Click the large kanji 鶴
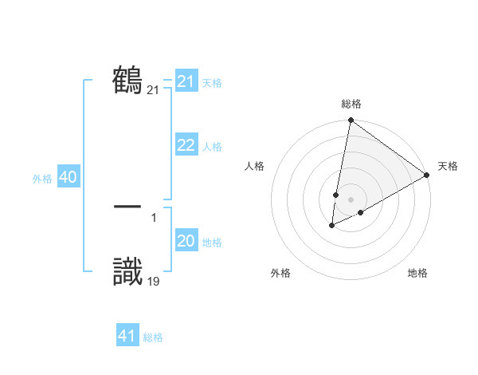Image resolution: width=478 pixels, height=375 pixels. (128, 80)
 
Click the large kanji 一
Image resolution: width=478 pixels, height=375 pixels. (128, 206)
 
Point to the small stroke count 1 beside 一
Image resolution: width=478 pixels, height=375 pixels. (154, 216)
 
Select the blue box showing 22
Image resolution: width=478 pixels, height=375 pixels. (186, 145)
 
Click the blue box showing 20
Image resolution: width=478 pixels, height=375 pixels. (186, 241)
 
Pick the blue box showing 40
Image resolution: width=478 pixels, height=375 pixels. (68, 177)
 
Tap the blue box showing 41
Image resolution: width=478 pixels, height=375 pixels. (127, 336)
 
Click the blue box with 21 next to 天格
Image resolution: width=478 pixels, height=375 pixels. (186, 81)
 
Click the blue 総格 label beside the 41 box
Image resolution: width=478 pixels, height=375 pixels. (153, 337)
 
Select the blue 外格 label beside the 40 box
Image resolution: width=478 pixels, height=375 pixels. (42, 179)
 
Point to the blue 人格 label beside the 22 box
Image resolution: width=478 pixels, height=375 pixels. (213, 147)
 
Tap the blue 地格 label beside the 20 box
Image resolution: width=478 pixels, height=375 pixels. (213, 243)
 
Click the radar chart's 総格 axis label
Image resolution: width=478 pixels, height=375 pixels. (351, 104)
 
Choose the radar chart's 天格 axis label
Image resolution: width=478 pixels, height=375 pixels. (448, 166)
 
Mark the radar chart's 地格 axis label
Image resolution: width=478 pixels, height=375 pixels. (417, 273)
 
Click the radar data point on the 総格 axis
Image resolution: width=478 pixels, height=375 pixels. (351, 120)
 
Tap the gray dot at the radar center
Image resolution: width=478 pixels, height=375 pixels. (351, 199)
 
